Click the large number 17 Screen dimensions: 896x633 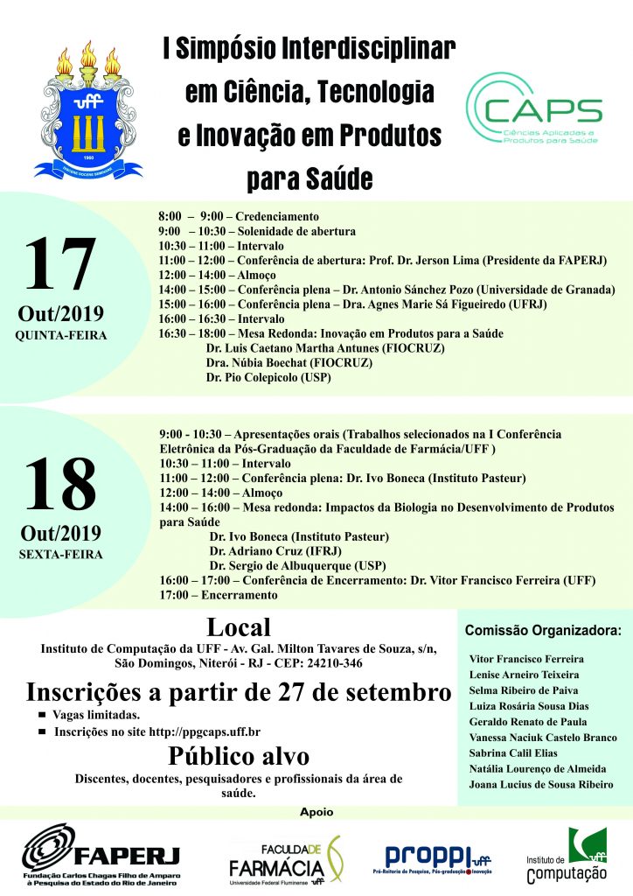[x=59, y=266]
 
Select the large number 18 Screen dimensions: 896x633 [x=59, y=484]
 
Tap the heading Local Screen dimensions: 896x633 [x=238, y=627]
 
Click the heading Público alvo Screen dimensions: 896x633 [x=238, y=756]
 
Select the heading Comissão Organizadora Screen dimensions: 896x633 [x=543, y=630]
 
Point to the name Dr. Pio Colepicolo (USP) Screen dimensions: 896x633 [x=269, y=376]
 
